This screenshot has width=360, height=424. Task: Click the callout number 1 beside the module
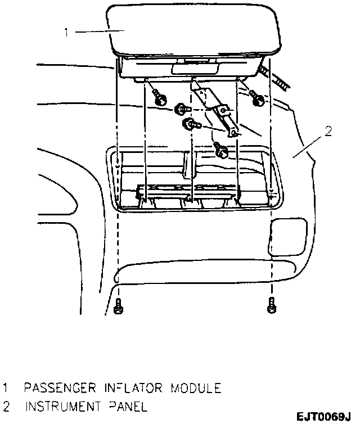click(66, 33)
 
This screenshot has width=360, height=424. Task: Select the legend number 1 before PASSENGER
click(6, 387)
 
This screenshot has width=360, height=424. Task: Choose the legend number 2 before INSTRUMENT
click(6, 406)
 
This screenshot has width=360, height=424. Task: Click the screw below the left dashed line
click(118, 308)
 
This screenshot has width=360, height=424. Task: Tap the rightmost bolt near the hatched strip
click(258, 100)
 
